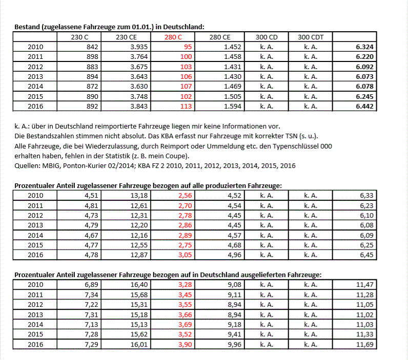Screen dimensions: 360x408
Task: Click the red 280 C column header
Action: (x=173, y=37)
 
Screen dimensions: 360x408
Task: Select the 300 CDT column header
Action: (x=310, y=37)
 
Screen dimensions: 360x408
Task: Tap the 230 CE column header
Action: (x=127, y=37)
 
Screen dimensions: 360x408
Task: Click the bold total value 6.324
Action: (x=364, y=47)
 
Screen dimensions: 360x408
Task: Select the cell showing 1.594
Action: (x=233, y=107)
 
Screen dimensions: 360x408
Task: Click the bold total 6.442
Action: (x=364, y=107)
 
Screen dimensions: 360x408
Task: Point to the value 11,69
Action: (x=365, y=344)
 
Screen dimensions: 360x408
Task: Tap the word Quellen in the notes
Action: (x=27, y=165)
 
